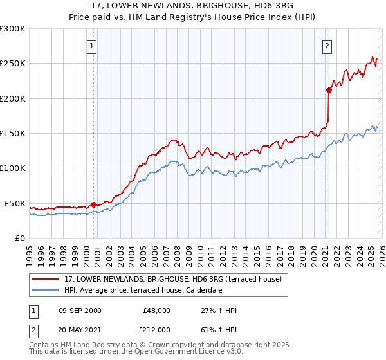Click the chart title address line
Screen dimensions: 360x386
coord(192,6)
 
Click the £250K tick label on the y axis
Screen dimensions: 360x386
coord(13,64)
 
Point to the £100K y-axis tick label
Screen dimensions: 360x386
coord(13,168)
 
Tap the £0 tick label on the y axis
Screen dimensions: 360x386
coord(19,238)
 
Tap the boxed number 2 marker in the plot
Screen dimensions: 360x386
coord(327,46)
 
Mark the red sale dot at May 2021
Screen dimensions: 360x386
coord(329,90)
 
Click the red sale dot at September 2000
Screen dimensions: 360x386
coord(93,204)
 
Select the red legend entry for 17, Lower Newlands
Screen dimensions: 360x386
coord(172,280)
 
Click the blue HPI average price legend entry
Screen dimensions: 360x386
coord(152,291)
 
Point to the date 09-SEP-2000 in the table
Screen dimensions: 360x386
coord(80,310)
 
